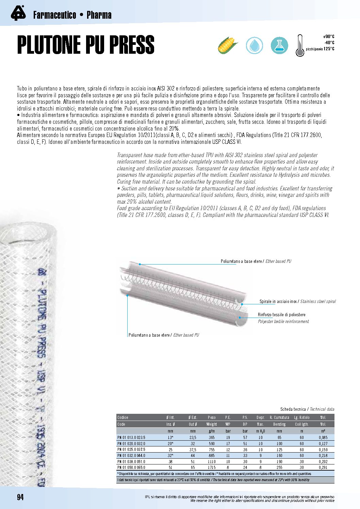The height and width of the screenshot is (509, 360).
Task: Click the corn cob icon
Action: (x=228, y=45)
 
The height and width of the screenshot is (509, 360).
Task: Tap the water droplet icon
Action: (x=254, y=45)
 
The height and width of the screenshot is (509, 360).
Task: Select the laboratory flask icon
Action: (x=279, y=45)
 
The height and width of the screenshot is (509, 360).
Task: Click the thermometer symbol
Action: (x=299, y=45)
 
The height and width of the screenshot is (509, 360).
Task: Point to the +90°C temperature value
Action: (x=328, y=37)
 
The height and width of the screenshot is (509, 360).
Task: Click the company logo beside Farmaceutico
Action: (x=18, y=14)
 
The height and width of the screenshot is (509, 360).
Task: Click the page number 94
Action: (x=20, y=497)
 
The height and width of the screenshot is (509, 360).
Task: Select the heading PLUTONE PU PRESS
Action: (x=86, y=45)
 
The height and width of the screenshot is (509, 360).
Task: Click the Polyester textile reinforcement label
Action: (x=283, y=321)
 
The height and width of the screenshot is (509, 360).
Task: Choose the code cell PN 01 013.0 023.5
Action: (x=131, y=438)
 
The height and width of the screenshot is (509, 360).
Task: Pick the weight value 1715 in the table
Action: (x=211, y=468)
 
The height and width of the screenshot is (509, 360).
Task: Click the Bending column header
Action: (x=279, y=424)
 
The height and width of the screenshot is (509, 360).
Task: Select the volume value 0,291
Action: (x=323, y=468)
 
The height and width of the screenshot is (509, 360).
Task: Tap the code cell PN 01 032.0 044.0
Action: (x=131, y=456)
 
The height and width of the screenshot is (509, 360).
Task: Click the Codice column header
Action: (x=123, y=418)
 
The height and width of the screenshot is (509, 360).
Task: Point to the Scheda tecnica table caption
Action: (x=307, y=409)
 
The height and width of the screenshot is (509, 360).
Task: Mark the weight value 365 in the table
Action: (x=211, y=438)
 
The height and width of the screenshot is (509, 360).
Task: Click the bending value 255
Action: (x=279, y=468)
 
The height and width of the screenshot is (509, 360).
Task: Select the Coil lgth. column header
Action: (x=301, y=424)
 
